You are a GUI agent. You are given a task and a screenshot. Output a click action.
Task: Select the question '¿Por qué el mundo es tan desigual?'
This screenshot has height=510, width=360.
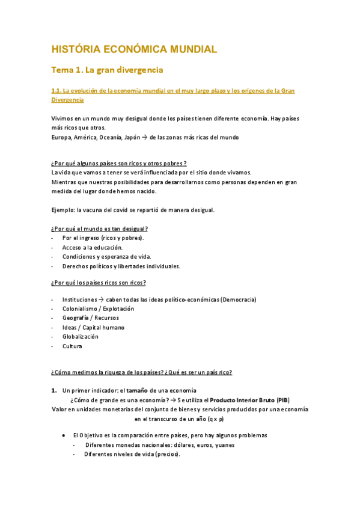point(99,229)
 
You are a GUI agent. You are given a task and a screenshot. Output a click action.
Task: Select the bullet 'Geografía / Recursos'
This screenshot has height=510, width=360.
point(90,318)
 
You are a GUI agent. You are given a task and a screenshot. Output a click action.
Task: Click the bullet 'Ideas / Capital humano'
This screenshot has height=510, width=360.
point(93,327)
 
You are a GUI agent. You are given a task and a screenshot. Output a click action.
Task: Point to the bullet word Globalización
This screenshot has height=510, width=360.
point(80,337)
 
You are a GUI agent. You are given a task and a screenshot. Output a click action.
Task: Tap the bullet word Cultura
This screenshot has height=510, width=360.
point(72,346)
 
